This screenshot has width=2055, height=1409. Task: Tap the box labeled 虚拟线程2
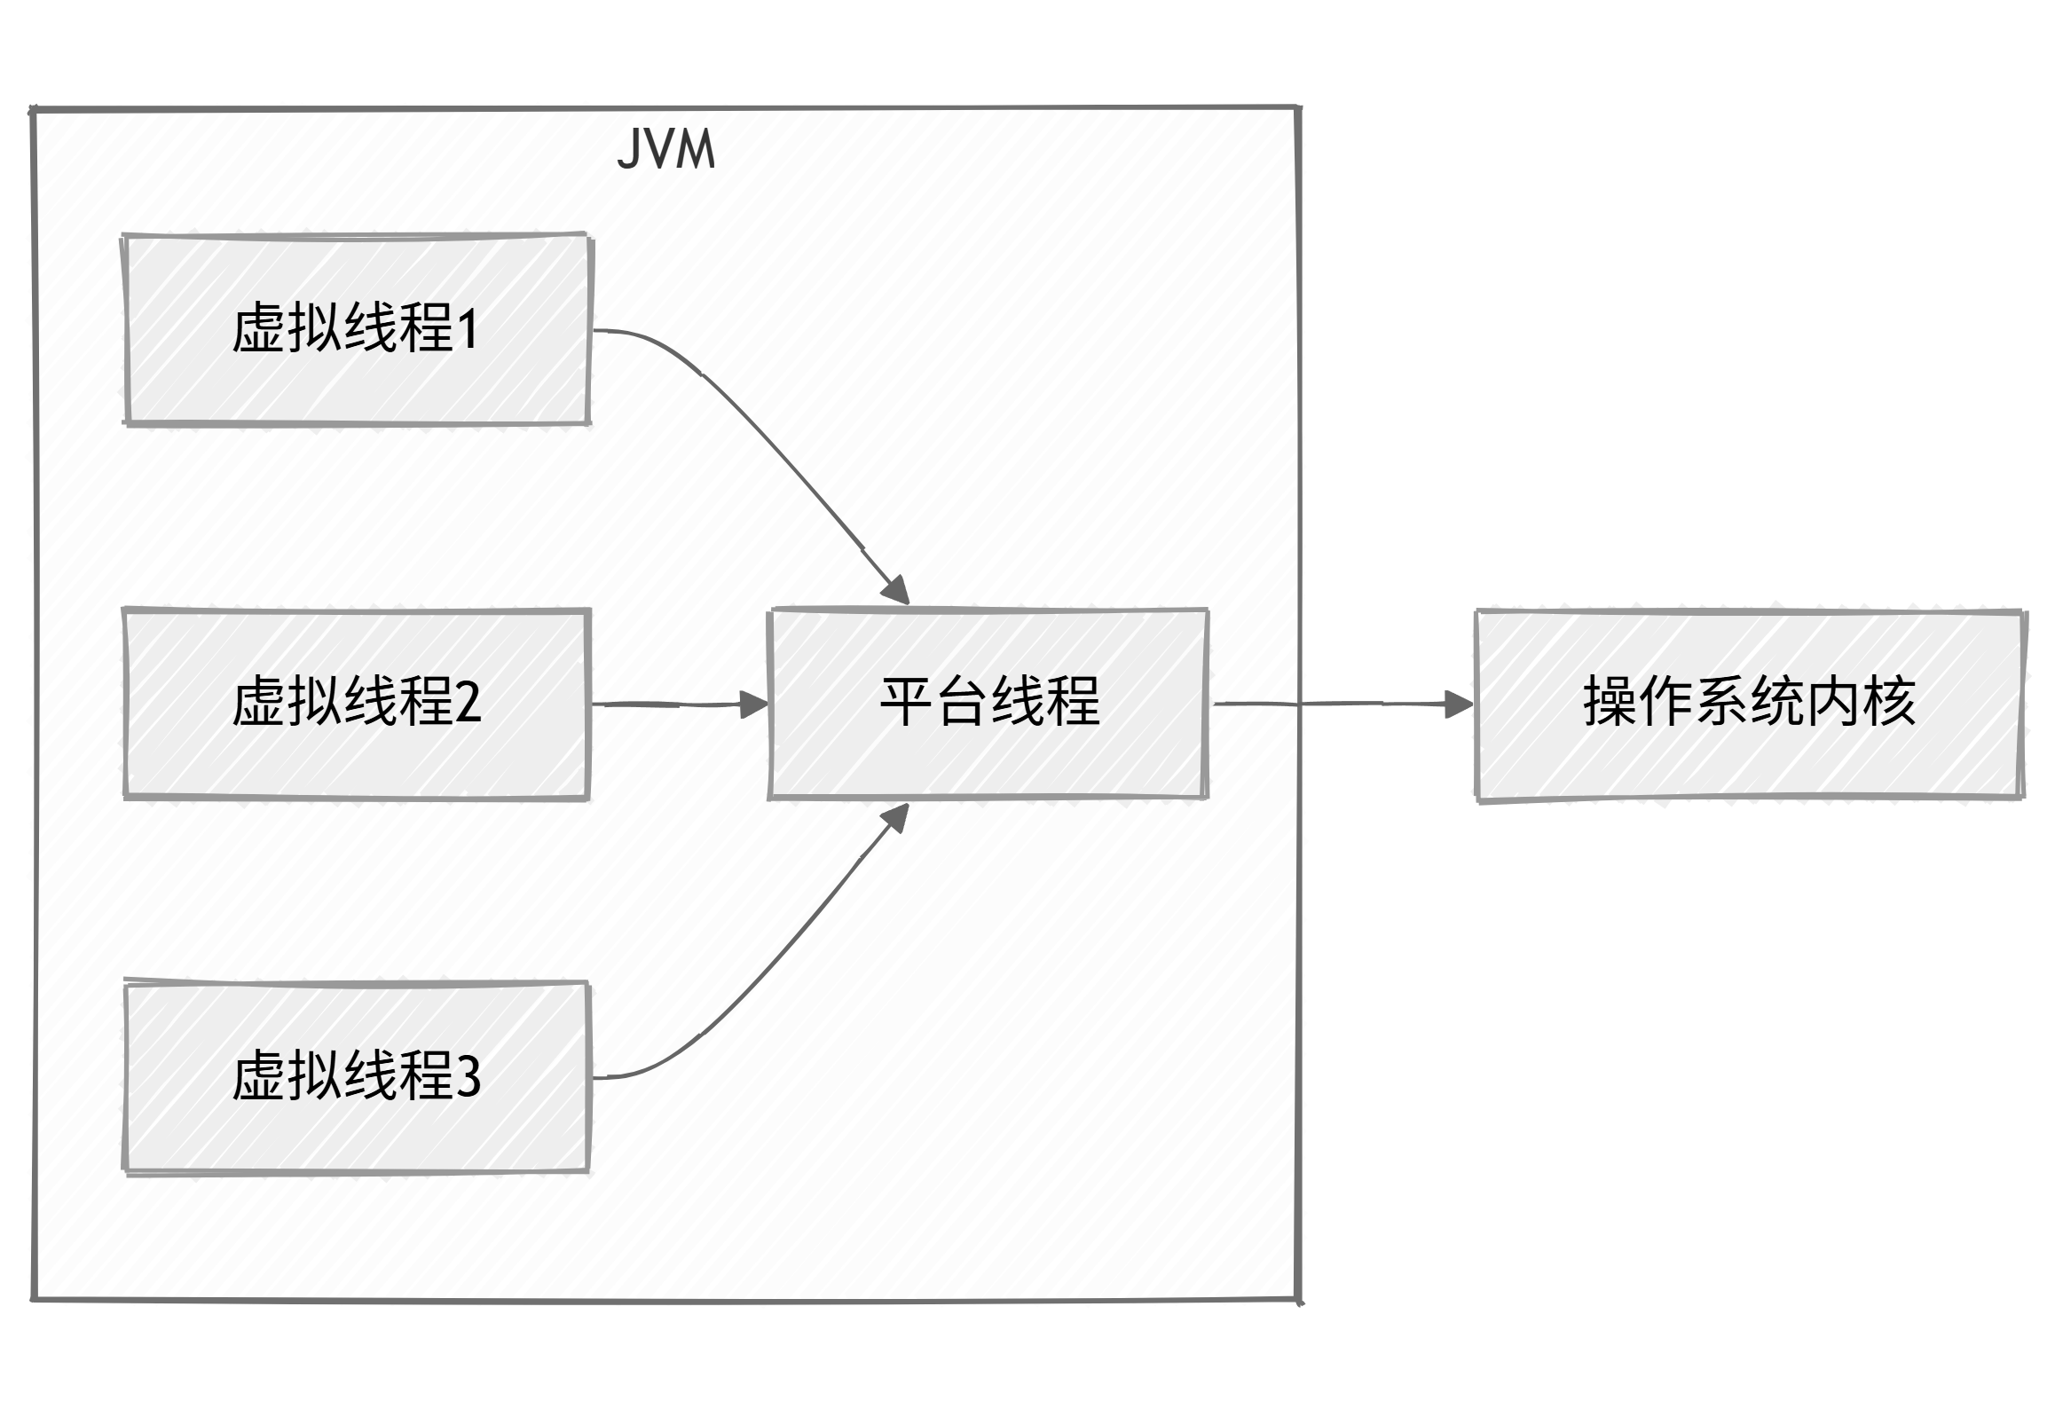(357, 704)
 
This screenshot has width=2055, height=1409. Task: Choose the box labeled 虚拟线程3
(357, 1077)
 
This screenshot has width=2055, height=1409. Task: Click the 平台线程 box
(988, 704)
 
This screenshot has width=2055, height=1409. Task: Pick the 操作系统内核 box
(1748, 705)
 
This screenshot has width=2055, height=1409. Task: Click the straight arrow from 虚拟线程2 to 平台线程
(674, 704)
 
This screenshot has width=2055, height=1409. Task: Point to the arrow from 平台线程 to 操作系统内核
(1331, 704)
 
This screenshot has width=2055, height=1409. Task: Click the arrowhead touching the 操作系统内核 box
(1459, 705)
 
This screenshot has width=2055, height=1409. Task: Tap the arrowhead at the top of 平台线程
(897, 589)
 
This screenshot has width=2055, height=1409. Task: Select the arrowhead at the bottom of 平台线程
(896, 818)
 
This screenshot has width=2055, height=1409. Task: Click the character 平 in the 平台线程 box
(906, 703)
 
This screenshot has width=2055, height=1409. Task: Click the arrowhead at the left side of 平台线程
(754, 705)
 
